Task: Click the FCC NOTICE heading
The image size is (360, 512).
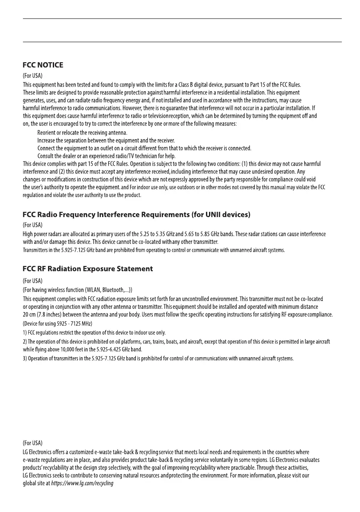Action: [43, 65]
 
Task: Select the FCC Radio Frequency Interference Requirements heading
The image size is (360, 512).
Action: [136, 214]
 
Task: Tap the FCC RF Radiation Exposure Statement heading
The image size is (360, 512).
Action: [87, 269]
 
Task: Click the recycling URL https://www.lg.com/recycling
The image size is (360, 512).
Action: [82, 483]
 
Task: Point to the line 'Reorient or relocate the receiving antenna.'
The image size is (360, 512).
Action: [82, 133]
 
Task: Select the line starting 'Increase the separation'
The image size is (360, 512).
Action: [106, 141]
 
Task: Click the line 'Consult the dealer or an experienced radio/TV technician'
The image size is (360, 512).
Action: [106, 156]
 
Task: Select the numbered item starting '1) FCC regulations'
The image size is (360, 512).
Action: [94, 333]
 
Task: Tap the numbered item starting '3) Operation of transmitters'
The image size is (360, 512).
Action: [158, 358]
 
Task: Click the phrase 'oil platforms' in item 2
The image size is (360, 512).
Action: [117, 342]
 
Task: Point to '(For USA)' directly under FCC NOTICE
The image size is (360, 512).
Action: [32, 76]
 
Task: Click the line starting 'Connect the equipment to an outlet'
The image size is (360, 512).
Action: [144, 148]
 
